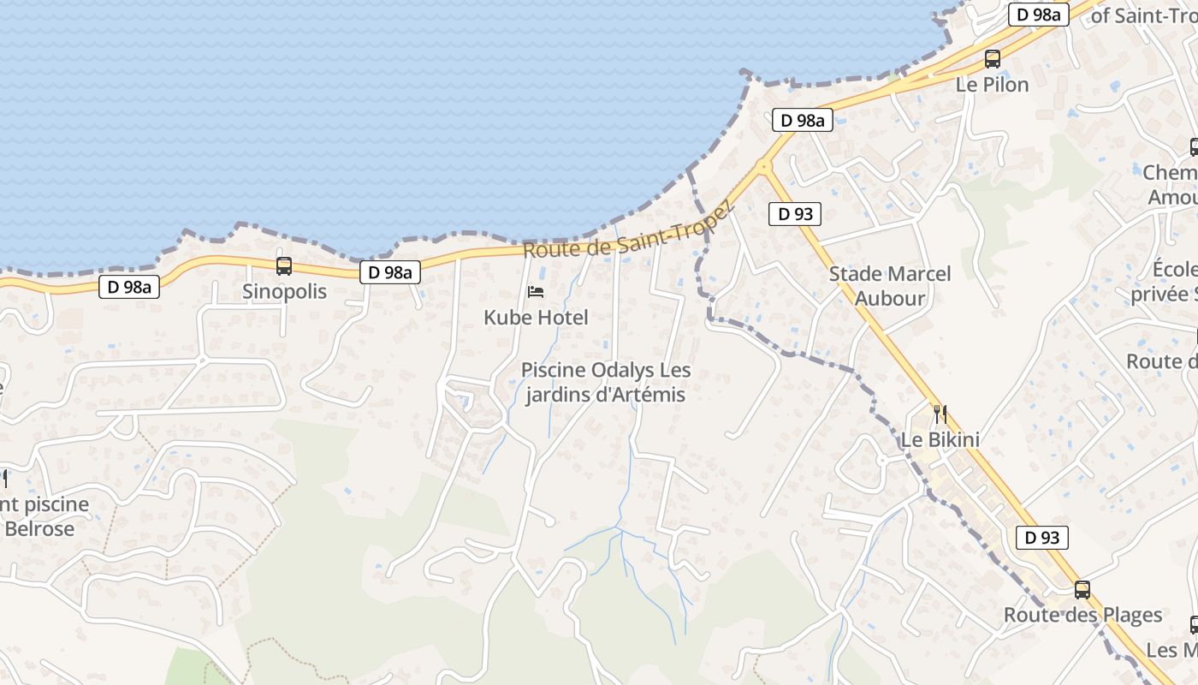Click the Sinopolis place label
click(x=284, y=291)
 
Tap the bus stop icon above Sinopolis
click(x=284, y=266)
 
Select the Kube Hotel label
click(x=536, y=318)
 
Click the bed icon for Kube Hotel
click(x=536, y=292)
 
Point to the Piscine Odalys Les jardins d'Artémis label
click(x=606, y=383)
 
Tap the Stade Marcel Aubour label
click(x=890, y=286)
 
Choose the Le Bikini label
click(x=940, y=440)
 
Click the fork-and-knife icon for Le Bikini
click(x=940, y=414)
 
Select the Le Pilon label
click(x=992, y=85)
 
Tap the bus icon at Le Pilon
click(x=993, y=59)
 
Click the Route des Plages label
click(x=1082, y=615)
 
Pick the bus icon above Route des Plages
click(x=1082, y=589)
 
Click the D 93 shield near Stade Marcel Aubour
click(x=795, y=213)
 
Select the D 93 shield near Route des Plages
click(x=1042, y=538)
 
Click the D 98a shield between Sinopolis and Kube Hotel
click(x=390, y=272)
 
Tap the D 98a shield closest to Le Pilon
click(x=1039, y=15)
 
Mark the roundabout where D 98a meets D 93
click(x=763, y=166)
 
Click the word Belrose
click(x=39, y=528)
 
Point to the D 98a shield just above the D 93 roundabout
click(x=803, y=121)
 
